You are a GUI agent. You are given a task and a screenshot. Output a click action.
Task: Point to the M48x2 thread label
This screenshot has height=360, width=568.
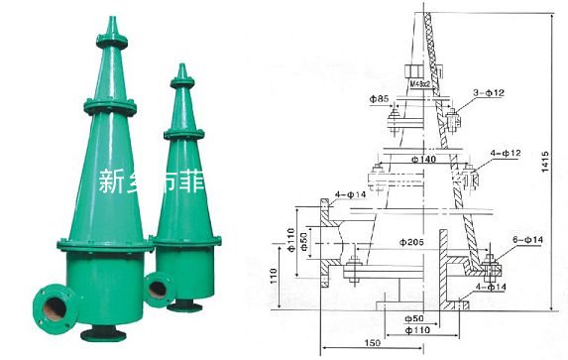(x=422, y=84)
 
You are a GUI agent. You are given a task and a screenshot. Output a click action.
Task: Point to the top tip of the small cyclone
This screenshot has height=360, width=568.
(x=180, y=67)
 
